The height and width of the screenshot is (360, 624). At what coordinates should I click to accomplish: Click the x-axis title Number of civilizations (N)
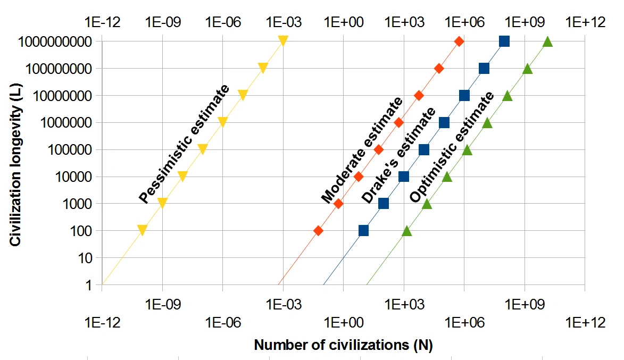click(343, 345)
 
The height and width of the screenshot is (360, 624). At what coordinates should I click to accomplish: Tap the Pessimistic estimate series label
click(184, 144)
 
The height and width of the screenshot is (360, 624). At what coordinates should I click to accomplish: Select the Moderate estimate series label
click(362, 150)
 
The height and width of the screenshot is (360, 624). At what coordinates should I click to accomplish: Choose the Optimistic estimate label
click(452, 148)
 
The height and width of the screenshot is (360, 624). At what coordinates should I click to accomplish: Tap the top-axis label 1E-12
click(102, 22)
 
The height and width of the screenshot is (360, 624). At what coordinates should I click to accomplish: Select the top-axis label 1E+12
click(585, 22)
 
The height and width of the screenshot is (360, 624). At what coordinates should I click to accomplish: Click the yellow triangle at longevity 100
click(142, 230)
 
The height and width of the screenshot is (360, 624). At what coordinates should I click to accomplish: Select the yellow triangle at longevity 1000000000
click(283, 41)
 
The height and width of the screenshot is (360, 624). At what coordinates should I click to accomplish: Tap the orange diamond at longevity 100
click(318, 231)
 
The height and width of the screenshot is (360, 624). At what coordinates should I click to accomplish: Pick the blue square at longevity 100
click(363, 231)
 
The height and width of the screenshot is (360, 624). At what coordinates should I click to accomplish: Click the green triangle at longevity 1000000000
click(547, 41)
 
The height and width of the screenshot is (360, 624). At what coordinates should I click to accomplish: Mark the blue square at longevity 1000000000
click(504, 41)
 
